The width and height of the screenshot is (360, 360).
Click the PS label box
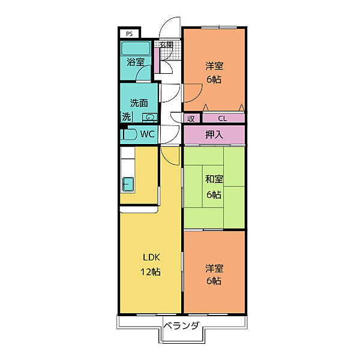click(129, 34)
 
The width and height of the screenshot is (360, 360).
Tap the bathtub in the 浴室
click(136, 48)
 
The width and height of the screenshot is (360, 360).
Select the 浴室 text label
click(136, 62)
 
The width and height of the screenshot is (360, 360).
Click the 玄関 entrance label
click(166, 44)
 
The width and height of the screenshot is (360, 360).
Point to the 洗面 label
click(139, 103)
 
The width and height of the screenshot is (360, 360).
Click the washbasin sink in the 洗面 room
click(150, 118)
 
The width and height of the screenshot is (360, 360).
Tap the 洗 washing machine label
click(126, 116)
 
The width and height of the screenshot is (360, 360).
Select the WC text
click(147, 134)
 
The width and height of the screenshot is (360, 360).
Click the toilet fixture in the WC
click(128, 134)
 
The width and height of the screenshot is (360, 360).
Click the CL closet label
click(223, 118)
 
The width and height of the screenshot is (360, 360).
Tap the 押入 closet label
click(214, 134)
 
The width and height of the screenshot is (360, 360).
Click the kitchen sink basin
click(128, 184)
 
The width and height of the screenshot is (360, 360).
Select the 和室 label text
click(214, 179)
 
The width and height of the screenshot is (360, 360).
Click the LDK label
click(151, 257)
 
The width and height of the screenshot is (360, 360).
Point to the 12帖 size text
click(151, 272)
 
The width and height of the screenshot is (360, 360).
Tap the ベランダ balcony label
click(181, 326)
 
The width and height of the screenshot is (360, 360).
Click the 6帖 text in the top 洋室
click(214, 79)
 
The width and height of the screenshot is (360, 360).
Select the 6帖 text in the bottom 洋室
click(214, 281)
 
